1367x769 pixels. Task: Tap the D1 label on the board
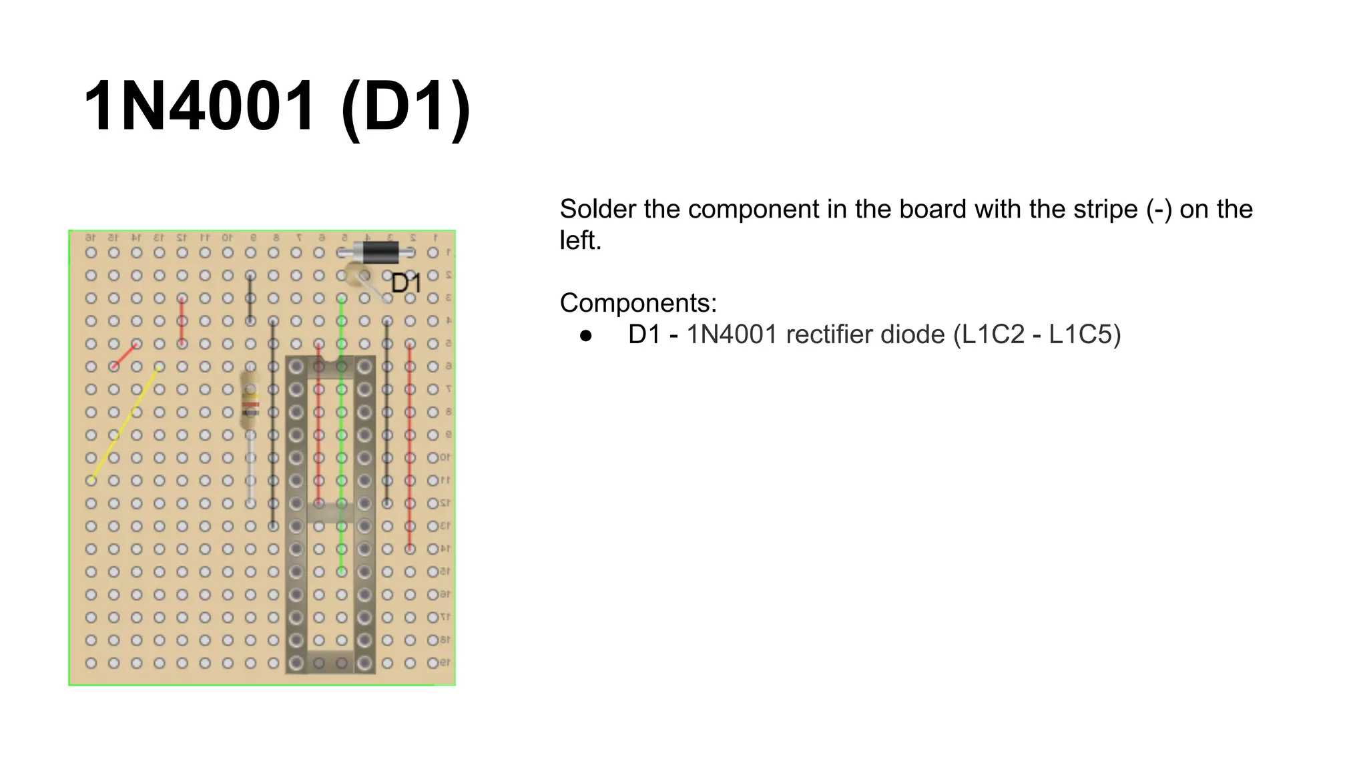pos(406,284)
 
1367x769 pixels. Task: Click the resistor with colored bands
pos(250,401)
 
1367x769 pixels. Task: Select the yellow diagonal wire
pos(125,423)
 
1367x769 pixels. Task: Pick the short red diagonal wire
pos(125,355)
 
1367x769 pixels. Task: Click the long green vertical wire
pos(341,434)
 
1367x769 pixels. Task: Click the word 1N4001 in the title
pos(199,107)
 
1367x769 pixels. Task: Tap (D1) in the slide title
pos(405,107)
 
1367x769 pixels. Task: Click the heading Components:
pos(637,303)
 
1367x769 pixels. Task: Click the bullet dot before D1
pos(586,335)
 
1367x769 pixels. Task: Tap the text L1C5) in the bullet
pos(1084,335)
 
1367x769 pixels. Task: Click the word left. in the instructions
pos(579,241)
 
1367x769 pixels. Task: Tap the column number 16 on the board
pos(91,238)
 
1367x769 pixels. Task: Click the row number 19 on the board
pos(445,663)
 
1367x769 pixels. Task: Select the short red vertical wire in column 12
pos(182,321)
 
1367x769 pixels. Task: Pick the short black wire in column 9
pos(250,298)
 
